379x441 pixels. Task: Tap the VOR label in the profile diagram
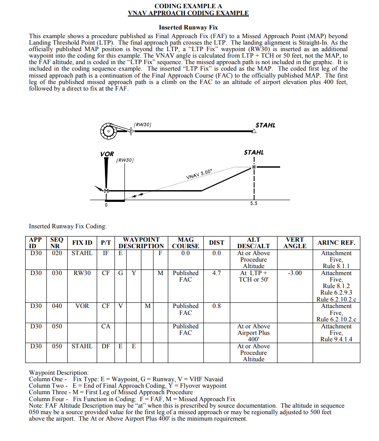107,154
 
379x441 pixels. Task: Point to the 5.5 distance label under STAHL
254,204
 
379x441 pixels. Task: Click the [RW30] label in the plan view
143,124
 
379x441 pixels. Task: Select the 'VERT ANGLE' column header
295,243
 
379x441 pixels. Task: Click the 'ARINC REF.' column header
337,243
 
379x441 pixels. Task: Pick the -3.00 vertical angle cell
295,273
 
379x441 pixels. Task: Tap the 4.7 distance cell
216,273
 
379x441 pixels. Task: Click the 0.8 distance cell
216,306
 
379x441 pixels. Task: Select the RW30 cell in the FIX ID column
82,273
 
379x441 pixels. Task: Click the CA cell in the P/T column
105,327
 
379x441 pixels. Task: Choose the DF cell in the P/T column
105,347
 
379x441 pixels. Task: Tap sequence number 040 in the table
57,306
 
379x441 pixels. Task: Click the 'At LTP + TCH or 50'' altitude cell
254,276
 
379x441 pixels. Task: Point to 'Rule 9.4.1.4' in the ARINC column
337,339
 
